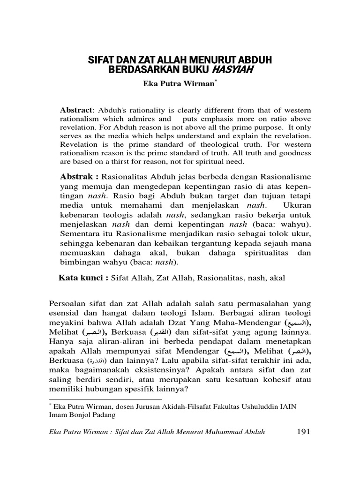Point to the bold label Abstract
coord(76,110)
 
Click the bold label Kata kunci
coord(82,277)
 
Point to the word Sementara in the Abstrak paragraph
coord(79,233)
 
